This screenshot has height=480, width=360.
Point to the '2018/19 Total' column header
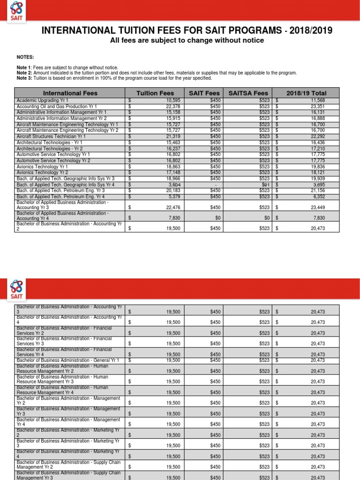coord(307,93)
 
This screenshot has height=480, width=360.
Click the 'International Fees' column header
coord(70,93)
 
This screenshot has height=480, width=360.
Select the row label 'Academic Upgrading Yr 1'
coord(42,100)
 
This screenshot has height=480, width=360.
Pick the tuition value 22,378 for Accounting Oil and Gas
coord(165,106)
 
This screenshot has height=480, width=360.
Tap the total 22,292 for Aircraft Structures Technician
coord(317,136)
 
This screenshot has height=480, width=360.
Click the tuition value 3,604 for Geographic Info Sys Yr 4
coord(166,185)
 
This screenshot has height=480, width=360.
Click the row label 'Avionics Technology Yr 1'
coord(42,166)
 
